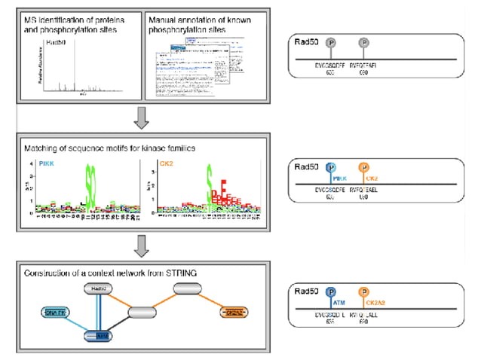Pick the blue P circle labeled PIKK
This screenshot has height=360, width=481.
pyautogui.click(x=332, y=168)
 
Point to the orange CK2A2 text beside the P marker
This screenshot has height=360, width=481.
pyautogui.click(x=377, y=303)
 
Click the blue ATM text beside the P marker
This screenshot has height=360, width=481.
pyautogui.click(x=339, y=303)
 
